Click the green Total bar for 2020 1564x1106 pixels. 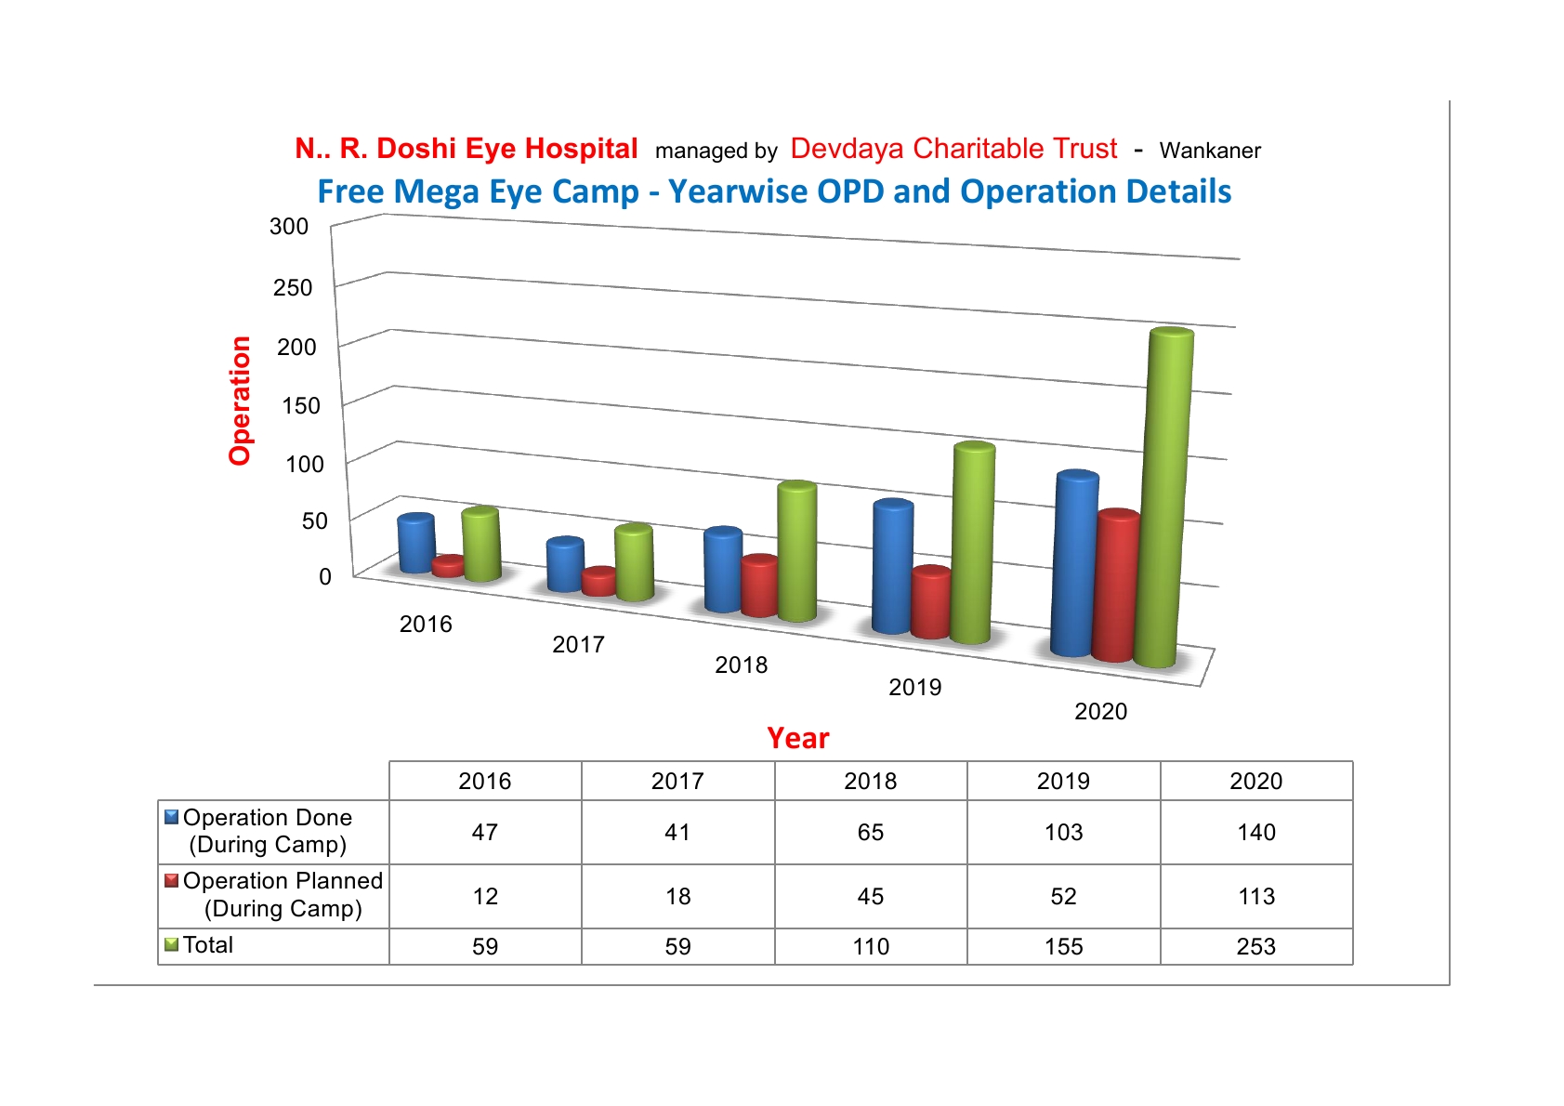click(x=1167, y=497)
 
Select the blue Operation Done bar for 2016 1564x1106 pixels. click(x=416, y=544)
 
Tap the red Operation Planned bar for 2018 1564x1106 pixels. click(x=759, y=587)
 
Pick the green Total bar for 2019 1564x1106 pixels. click(x=972, y=544)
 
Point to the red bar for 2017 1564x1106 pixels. click(x=598, y=582)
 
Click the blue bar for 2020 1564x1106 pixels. click(x=1075, y=564)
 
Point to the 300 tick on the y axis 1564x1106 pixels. click(x=289, y=227)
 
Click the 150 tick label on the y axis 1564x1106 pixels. click(x=300, y=406)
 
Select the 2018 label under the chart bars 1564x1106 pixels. click(x=741, y=665)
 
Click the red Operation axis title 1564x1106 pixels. click(x=241, y=401)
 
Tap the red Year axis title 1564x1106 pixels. click(x=797, y=739)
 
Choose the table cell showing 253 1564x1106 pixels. click(x=1255, y=947)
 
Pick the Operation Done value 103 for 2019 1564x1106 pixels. click(x=1063, y=833)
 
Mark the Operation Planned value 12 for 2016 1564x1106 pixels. click(x=485, y=897)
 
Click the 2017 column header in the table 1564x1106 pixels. click(x=677, y=782)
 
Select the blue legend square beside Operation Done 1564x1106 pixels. click(x=171, y=818)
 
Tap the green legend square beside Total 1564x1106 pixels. click(x=171, y=945)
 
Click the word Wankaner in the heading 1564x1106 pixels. click(x=1210, y=151)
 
